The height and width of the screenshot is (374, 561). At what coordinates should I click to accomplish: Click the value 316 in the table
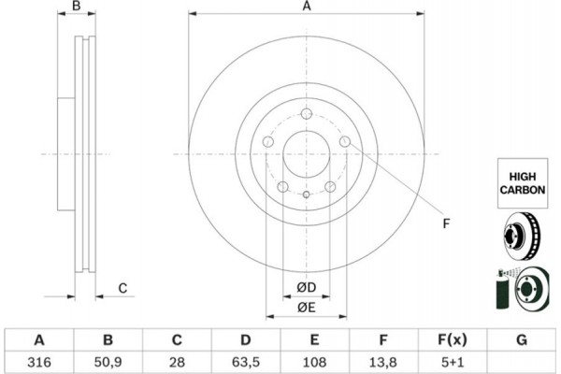39,361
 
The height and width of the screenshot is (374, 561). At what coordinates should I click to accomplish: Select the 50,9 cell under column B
108,361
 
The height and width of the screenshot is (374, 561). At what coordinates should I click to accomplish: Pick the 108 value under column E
315,361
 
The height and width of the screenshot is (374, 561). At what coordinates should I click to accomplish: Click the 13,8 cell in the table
384,361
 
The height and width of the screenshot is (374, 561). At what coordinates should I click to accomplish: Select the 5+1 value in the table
453,361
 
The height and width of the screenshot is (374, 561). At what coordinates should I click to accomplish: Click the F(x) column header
453,339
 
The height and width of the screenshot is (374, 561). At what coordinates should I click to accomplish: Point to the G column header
521,339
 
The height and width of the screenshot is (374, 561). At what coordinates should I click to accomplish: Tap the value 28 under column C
177,361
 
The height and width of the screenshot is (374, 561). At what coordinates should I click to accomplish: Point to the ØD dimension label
306,286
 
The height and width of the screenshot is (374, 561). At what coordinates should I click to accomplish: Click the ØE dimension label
306,307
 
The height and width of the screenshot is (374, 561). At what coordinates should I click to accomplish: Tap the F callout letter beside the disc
446,224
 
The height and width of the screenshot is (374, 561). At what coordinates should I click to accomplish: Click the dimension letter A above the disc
306,7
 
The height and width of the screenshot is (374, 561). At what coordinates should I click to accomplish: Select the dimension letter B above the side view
79,7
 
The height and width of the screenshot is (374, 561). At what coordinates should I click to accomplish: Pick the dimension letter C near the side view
122,288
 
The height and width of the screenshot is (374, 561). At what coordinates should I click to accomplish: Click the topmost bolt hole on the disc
306,114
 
